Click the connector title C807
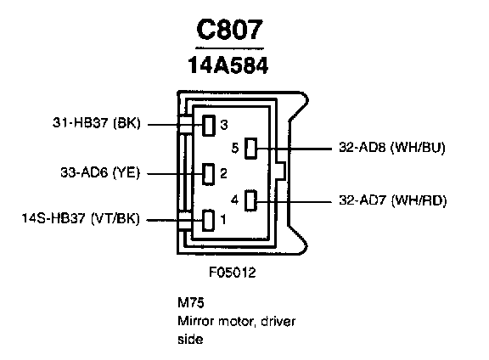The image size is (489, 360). pyautogui.click(x=230, y=30)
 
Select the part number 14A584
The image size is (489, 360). pyautogui.click(x=228, y=65)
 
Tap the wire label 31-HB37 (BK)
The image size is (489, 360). pyautogui.click(x=97, y=123)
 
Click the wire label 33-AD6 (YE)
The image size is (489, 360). pyautogui.click(x=100, y=172)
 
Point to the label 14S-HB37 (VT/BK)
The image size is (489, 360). pyautogui.click(x=81, y=218)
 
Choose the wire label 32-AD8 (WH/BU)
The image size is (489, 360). pyautogui.click(x=392, y=147)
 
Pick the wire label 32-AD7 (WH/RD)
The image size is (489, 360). pyautogui.click(x=393, y=200)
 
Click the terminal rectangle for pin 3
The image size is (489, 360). pyautogui.click(x=209, y=126)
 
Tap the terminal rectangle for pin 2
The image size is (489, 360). pyautogui.click(x=208, y=174)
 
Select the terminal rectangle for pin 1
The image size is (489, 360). pyautogui.click(x=208, y=220)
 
